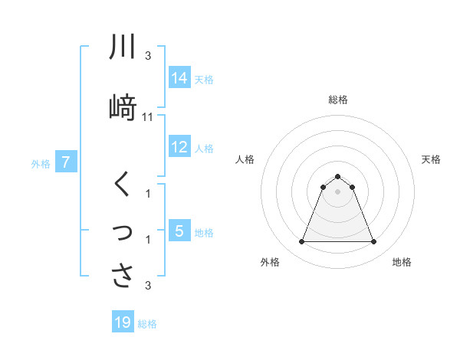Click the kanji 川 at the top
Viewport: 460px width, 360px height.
[122, 47]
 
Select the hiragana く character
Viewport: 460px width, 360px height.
[122, 185]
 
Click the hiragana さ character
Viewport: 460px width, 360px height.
[122, 275]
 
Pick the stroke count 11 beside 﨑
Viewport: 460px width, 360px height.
[148, 117]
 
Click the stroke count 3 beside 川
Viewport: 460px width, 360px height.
[148, 56]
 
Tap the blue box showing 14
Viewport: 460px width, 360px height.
[179, 78]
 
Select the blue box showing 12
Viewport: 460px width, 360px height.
[179, 147]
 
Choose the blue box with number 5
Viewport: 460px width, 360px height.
[179, 231]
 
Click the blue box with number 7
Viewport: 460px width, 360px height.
[67, 162]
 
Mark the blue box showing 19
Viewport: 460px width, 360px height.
[123, 322]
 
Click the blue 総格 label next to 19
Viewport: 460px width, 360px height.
[147, 324]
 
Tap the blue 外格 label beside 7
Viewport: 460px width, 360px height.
[41, 163]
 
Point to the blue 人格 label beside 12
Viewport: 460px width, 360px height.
[204, 148]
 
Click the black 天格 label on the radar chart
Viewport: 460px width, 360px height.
[432, 159]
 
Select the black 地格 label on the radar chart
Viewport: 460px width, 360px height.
[402, 262]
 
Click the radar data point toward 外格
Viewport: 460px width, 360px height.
[301, 242]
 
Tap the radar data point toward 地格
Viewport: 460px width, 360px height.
[374, 242]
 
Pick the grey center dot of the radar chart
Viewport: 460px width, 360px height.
[337, 191]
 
